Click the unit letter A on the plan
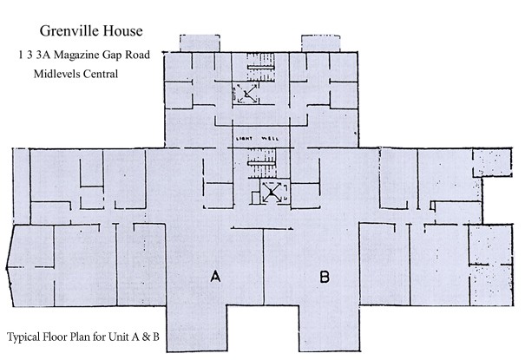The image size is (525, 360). click(215, 277)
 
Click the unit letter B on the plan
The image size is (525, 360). click(324, 277)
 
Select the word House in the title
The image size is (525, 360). click(123, 30)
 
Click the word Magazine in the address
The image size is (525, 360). click(76, 56)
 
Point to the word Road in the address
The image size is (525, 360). click(138, 55)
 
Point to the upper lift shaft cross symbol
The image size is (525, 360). click(246, 94)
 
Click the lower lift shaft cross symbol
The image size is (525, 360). click(272, 192)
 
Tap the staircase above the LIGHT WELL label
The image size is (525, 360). click(261, 67)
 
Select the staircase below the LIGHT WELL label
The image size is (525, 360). click(261, 163)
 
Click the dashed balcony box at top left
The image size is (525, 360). click(200, 43)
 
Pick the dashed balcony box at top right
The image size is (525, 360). click(321, 43)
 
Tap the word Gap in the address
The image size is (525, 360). click(112, 56)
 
